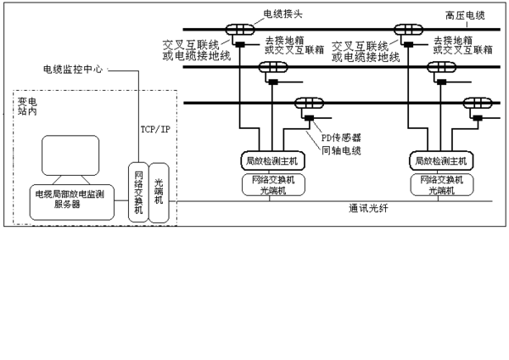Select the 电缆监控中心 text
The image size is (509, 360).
[x=73, y=70]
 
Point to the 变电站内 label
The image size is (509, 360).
[x=29, y=106]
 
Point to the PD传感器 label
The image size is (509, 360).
[x=341, y=137]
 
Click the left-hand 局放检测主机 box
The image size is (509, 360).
[x=271, y=160]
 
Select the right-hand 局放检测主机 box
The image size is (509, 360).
[x=439, y=160]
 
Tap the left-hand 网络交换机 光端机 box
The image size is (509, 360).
[x=271, y=184]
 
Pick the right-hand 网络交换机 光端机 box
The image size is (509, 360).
[x=439, y=184]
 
